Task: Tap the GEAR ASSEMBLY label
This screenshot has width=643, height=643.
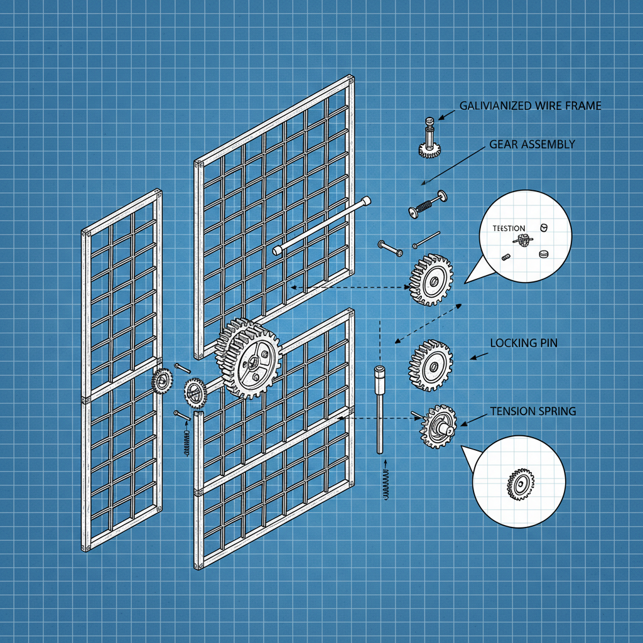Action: click(532, 144)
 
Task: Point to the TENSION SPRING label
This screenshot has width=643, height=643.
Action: click(533, 411)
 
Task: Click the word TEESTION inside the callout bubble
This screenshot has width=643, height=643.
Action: click(504, 228)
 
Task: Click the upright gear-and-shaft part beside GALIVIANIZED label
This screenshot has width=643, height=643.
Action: click(429, 139)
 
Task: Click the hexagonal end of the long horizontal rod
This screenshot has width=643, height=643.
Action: click(278, 250)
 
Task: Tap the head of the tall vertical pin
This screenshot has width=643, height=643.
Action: click(379, 373)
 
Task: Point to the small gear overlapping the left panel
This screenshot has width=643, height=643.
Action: click(163, 381)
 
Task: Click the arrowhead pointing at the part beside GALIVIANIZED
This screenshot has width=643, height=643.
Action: click(441, 117)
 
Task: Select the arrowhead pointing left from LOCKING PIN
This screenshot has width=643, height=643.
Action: click(473, 358)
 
